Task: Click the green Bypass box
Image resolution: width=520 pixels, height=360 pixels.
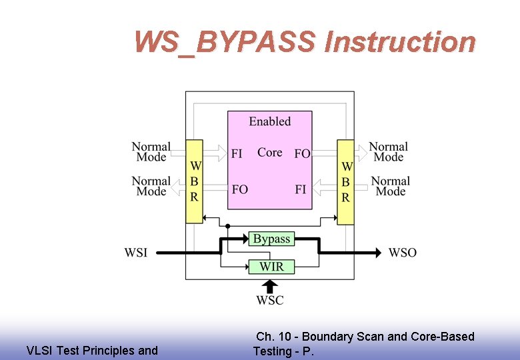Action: [x=271, y=239]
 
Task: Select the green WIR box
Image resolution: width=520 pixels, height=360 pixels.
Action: [x=271, y=267]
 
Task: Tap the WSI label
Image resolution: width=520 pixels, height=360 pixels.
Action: [x=136, y=253]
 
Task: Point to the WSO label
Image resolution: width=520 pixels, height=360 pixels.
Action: [x=402, y=253]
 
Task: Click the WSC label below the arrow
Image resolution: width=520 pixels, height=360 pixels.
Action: [x=269, y=300]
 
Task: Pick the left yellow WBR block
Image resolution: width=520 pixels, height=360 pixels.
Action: [x=194, y=181]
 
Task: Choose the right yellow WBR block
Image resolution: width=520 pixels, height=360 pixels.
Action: [x=345, y=181]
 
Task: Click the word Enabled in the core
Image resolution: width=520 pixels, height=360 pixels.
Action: [x=270, y=121]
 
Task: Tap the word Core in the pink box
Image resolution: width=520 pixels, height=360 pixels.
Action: [x=269, y=153]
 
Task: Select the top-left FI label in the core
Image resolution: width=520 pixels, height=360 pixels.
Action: [x=237, y=153]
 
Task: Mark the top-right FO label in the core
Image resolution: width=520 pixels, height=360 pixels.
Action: [x=302, y=153]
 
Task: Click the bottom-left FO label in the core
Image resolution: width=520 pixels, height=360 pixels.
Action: [x=239, y=189]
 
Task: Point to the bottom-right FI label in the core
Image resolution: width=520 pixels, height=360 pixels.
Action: [x=301, y=189]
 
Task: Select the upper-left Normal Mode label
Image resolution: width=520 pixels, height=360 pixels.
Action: [x=151, y=152]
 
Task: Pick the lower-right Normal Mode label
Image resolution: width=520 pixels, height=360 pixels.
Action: [x=390, y=186]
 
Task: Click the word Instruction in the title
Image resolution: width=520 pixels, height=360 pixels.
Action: [x=399, y=42]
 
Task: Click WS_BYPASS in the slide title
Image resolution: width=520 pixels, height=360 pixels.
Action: [x=224, y=42]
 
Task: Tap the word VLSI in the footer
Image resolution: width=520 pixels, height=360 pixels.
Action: [x=38, y=351]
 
